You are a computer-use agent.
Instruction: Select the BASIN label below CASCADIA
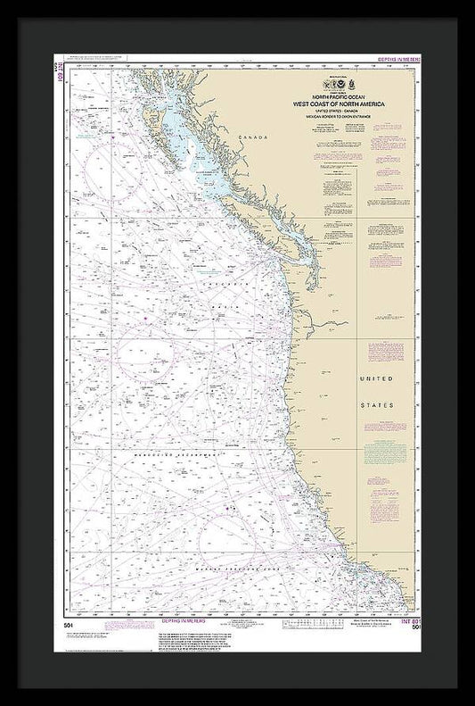(x=220, y=307)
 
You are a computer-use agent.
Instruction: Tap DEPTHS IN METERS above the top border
(x=399, y=59)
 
